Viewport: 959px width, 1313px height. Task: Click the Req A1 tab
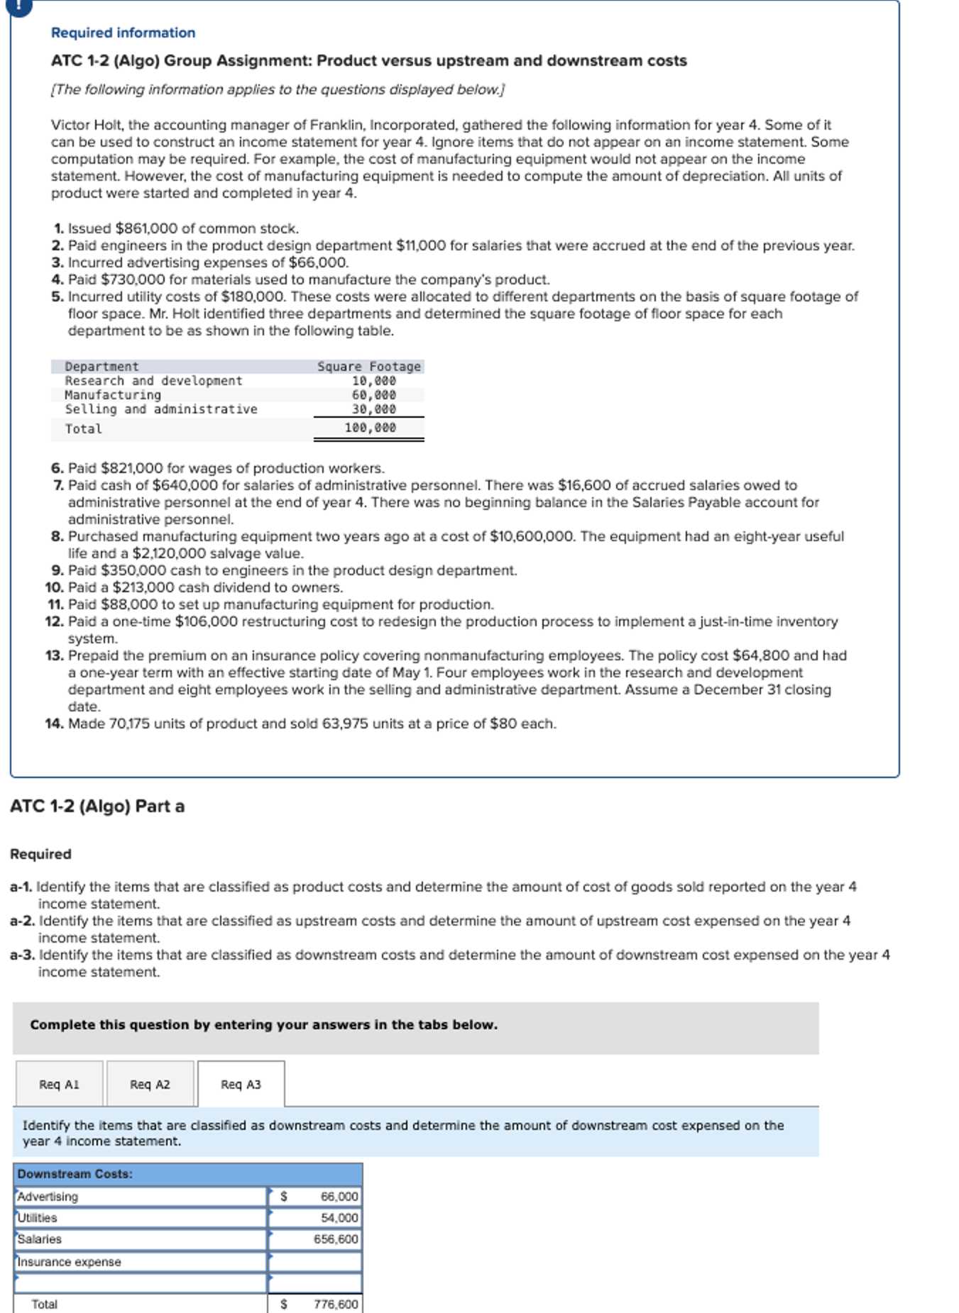(x=59, y=1085)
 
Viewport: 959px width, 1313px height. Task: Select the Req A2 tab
(x=150, y=1085)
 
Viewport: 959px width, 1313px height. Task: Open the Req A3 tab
(x=241, y=1085)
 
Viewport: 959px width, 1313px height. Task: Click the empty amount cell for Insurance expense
(x=316, y=1262)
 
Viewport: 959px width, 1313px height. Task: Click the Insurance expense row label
(x=69, y=1262)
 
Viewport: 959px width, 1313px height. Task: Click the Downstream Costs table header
(x=75, y=1174)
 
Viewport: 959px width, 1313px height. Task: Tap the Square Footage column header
(x=368, y=367)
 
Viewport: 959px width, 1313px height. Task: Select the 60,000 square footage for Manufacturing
(x=373, y=395)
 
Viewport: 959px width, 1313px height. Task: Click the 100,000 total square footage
(x=370, y=428)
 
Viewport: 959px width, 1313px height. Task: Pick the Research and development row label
(x=153, y=381)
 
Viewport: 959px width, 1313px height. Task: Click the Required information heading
(x=123, y=33)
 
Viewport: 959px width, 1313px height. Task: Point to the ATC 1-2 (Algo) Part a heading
(x=97, y=807)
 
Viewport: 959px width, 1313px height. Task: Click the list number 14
(x=54, y=724)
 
